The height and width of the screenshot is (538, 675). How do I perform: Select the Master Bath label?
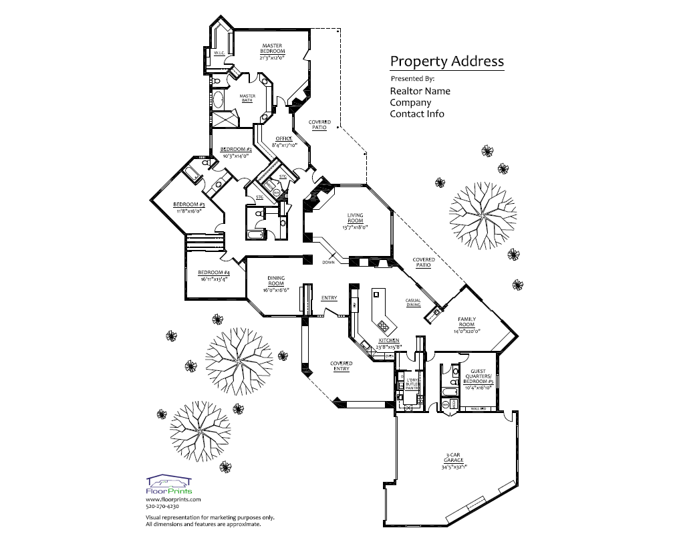247,98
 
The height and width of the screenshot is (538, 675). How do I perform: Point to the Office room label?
284,138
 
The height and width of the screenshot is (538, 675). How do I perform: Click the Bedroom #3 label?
188,204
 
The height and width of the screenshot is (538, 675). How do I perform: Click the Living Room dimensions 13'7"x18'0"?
355,227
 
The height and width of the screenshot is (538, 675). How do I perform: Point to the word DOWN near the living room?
327,261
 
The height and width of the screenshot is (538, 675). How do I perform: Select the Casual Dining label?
412,303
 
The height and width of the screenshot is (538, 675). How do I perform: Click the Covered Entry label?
341,366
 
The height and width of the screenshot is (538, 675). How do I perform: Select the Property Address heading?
446,61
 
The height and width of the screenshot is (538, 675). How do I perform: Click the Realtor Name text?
420,91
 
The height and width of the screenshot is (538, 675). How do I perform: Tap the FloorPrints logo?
169,485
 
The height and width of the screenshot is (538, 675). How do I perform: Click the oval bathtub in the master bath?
218,100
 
